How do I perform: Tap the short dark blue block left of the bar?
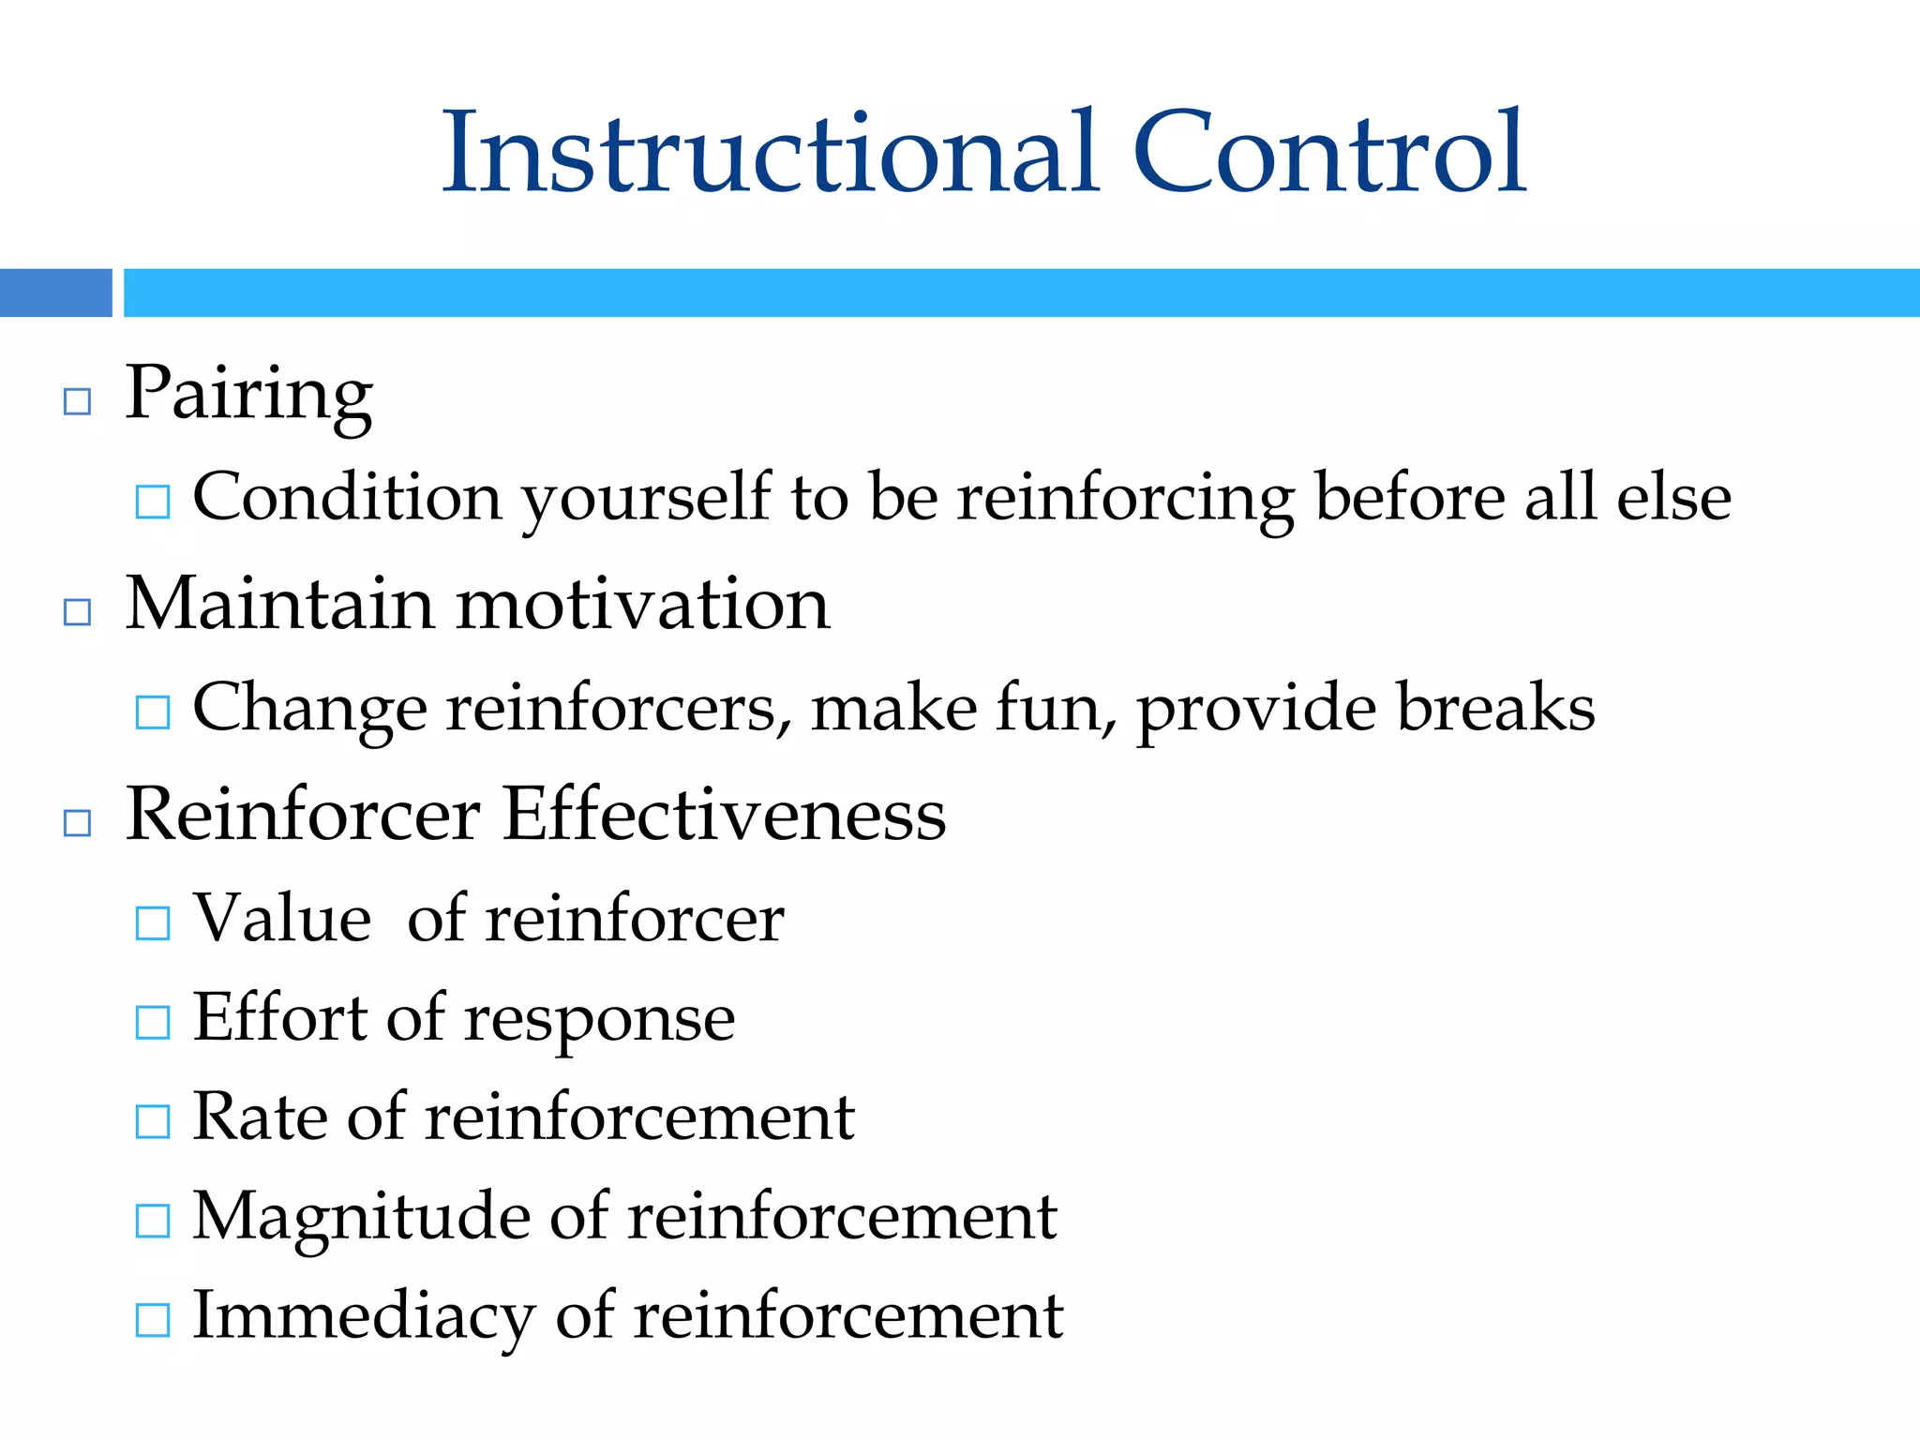pyautogui.click(x=55, y=292)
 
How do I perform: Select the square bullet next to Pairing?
pyautogui.click(x=77, y=402)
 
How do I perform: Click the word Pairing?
pyautogui.click(x=249, y=394)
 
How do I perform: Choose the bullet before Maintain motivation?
pyautogui.click(x=77, y=613)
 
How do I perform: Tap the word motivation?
pyautogui.click(x=643, y=605)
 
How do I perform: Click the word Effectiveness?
pyautogui.click(x=724, y=815)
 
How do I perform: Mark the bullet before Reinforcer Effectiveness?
pyautogui.click(x=77, y=824)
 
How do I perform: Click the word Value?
pyautogui.click(x=281, y=919)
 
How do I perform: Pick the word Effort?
pyautogui.click(x=279, y=1018)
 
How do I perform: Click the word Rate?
pyautogui.click(x=260, y=1117)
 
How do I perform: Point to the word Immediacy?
pyautogui.click(x=364, y=1317)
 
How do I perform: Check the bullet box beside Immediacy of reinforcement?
pyautogui.click(x=153, y=1320)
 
